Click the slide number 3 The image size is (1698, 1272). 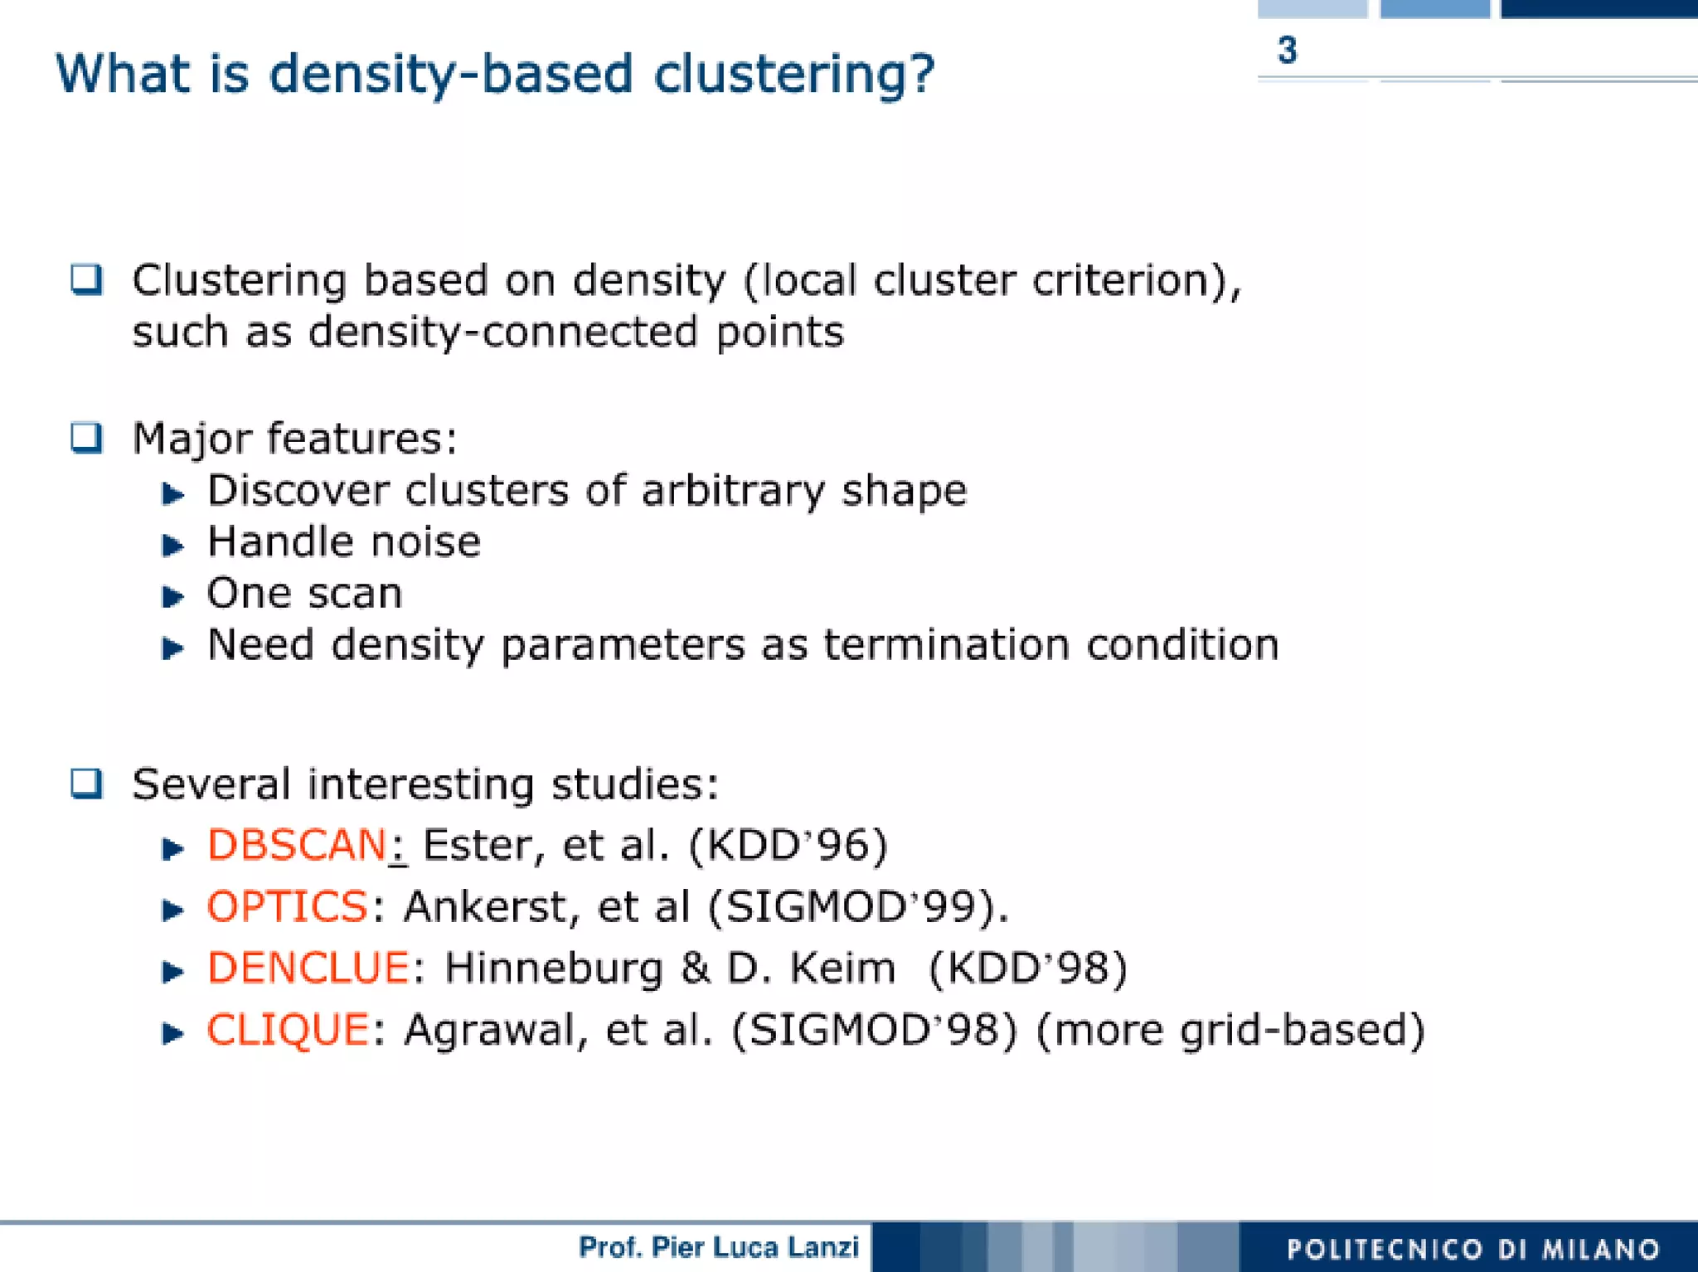(1287, 51)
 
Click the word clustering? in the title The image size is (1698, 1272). (793, 75)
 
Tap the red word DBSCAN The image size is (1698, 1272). (297, 845)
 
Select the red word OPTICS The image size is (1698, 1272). (287, 905)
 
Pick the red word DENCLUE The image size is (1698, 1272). (308, 968)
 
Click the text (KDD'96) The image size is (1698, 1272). (788, 845)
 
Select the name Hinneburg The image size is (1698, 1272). (553, 968)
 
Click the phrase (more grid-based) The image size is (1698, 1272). (1230, 1030)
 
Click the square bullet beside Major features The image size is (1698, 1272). (86, 438)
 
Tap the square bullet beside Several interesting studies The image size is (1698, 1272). (86, 784)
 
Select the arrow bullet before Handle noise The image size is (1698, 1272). (172, 545)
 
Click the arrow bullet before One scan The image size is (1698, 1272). (172, 596)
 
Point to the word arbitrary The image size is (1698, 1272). (733, 491)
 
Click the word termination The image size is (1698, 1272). (946, 645)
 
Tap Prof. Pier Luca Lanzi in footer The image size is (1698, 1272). (718, 1247)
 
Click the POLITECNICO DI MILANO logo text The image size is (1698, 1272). (1472, 1249)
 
